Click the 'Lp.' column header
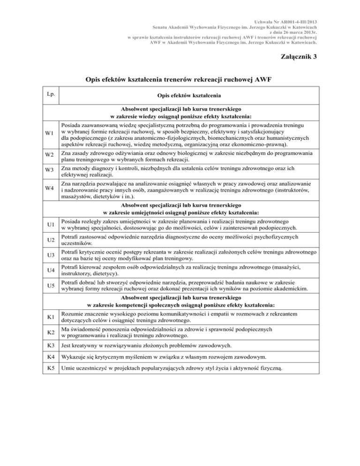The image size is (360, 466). pyautogui.click(x=51, y=94)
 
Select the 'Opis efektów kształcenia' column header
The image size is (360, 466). pyautogui.click(x=189, y=96)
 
